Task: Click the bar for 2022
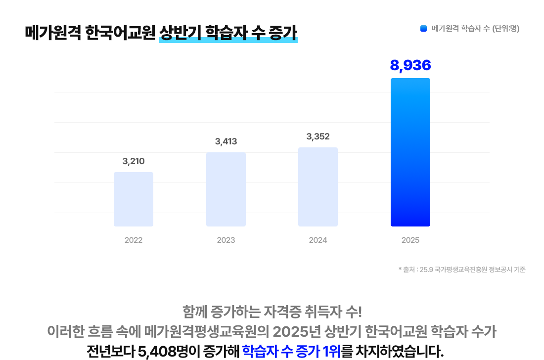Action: pyautogui.click(x=134, y=199)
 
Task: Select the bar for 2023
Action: pyautogui.click(x=226, y=189)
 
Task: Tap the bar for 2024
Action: pyautogui.click(x=318, y=187)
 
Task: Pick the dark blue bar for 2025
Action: pyautogui.click(x=410, y=152)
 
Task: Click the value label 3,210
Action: pyautogui.click(x=134, y=161)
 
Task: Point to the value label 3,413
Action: pyautogui.click(x=226, y=141)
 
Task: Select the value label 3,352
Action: pyautogui.click(x=318, y=136)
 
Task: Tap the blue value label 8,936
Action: pyautogui.click(x=410, y=65)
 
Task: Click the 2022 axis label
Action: pyautogui.click(x=134, y=240)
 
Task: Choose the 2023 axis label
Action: pyautogui.click(x=226, y=240)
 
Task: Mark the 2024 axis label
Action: pyautogui.click(x=318, y=240)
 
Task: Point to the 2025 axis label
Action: pyautogui.click(x=410, y=240)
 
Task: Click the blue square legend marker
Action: pyautogui.click(x=423, y=29)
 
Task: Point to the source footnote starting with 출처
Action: pyautogui.click(x=462, y=270)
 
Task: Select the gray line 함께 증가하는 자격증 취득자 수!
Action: pyautogui.click(x=272, y=313)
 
